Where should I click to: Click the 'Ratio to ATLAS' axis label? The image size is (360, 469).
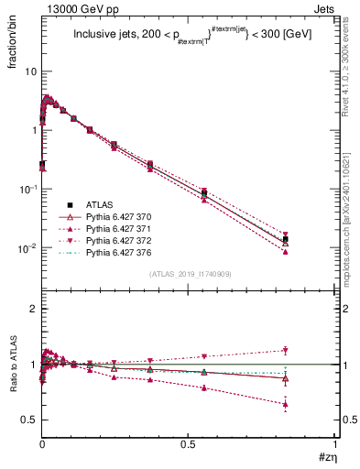pos(12,366)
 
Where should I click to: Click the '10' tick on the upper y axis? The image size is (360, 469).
pos(30,71)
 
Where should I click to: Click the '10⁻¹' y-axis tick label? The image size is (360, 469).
pos(27,189)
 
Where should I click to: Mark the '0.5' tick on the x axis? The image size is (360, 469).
pos(189,444)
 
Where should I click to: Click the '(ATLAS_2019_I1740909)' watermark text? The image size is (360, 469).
pos(190,274)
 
